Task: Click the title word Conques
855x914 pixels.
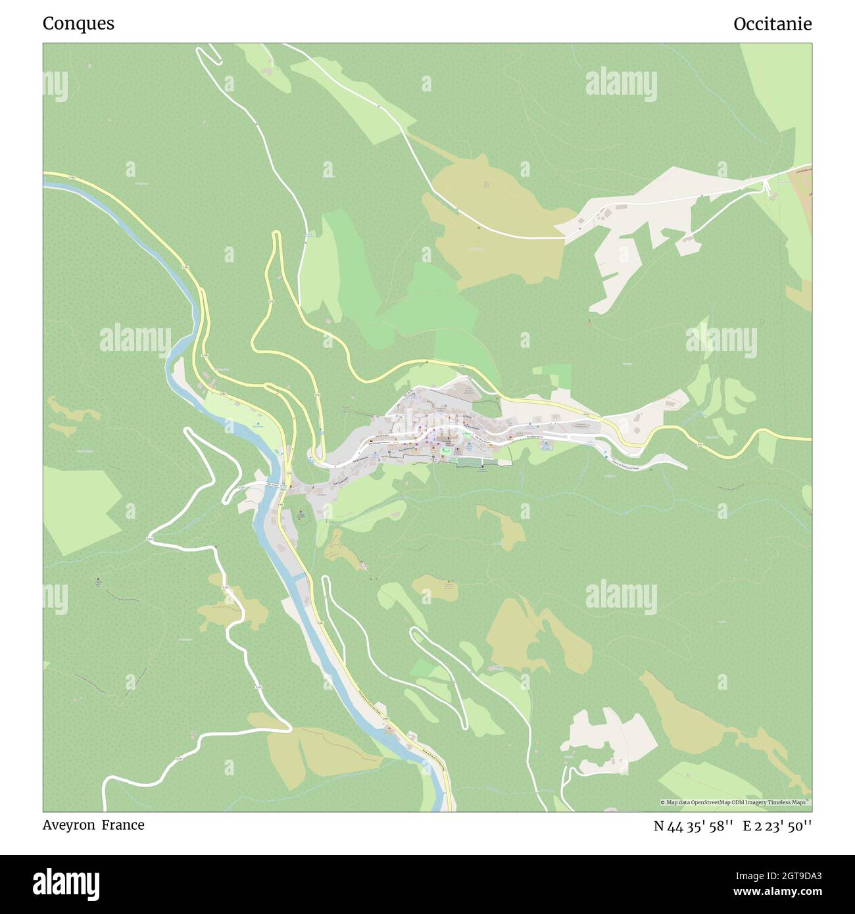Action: pos(78,24)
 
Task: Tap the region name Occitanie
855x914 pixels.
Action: pos(772,24)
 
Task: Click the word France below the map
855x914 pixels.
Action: pos(123,825)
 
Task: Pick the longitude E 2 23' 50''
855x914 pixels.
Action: pos(777,826)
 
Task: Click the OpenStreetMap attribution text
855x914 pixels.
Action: pos(735,802)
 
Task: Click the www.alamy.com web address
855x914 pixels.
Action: pos(773,892)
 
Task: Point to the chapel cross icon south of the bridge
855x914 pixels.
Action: pos(301,512)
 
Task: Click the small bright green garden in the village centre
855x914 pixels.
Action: pos(445,452)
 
